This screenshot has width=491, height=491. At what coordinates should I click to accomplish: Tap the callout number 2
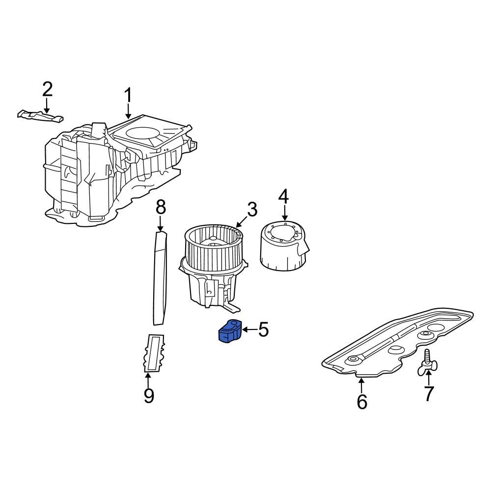pos(47,89)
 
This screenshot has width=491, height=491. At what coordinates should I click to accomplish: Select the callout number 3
pos(252,209)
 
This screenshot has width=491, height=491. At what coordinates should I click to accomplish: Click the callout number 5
pos(263,329)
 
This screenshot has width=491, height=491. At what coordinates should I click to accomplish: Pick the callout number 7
pos(428,393)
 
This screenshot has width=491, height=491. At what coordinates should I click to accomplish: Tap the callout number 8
pos(161,207)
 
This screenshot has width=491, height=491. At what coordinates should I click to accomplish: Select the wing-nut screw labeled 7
pos(427,362)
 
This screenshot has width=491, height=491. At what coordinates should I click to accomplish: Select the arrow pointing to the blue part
pos(249,329)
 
